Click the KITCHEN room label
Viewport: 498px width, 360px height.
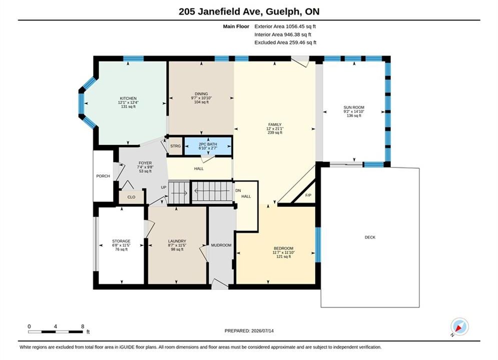[x=128, y=98]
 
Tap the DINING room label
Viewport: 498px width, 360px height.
[x=201, y=94]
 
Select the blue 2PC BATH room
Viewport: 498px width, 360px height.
[x=208, y=146]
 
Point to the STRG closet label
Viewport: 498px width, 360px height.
[x=175, y=146]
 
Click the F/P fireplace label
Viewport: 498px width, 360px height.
[x=308, y=195]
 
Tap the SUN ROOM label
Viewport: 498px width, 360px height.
[x=354, y=107]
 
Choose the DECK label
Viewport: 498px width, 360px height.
[x=370, y=237]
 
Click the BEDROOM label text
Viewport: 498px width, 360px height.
[x=284, y=248]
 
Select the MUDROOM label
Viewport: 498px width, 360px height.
[x=221, y=245]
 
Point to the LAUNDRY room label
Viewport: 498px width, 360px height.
[x=177, y=241]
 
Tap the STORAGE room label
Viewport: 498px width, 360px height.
[x=121, y=241]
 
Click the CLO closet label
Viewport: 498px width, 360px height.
[x=132, y=197]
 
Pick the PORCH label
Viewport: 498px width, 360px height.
[x=103, y=176]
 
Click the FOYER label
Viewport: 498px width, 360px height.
[x=145, y=163]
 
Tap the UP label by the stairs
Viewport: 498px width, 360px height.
[x=164, y=187]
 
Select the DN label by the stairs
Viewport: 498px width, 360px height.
[x=238, y=190]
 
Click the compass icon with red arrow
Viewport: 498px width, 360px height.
[x=459, y=326]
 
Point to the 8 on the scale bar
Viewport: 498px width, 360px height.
[x=83, y=326]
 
